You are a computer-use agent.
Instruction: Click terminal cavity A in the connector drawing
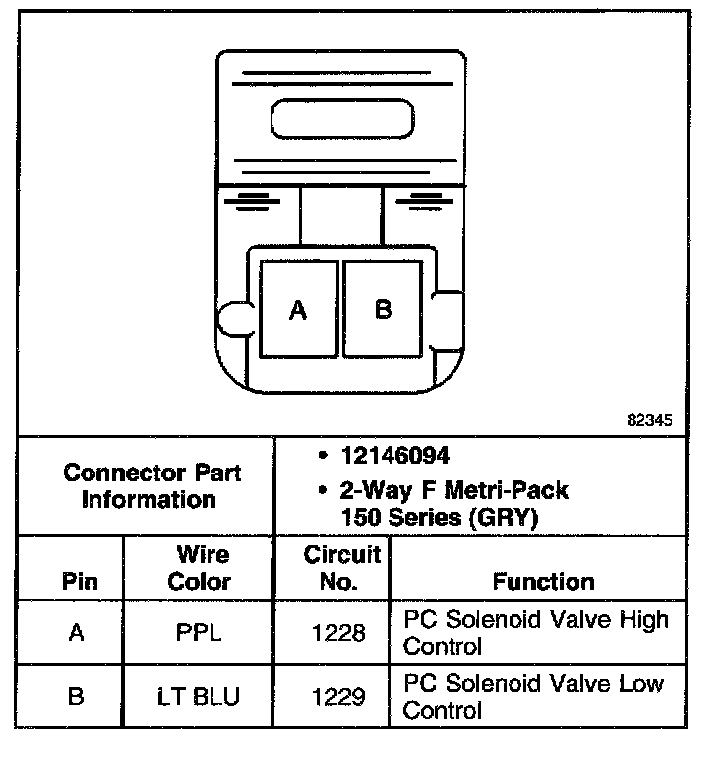coord(299,309)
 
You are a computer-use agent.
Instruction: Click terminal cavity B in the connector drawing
coord(383,308)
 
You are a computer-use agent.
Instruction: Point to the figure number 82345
coord(649,419)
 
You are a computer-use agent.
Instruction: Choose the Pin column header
coord(80,581)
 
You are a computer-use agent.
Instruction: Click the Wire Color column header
coord(199,568)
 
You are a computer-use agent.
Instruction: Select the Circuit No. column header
coord(339,568)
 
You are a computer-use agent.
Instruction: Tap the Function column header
coord(543,581)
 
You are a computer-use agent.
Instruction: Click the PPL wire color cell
coord(199,633)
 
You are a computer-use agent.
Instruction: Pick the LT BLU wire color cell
coord(199,696)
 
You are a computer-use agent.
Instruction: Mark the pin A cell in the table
coord(77,633)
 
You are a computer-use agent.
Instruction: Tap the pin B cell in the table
coord(77,696)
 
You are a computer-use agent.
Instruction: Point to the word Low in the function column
coord(640,684)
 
